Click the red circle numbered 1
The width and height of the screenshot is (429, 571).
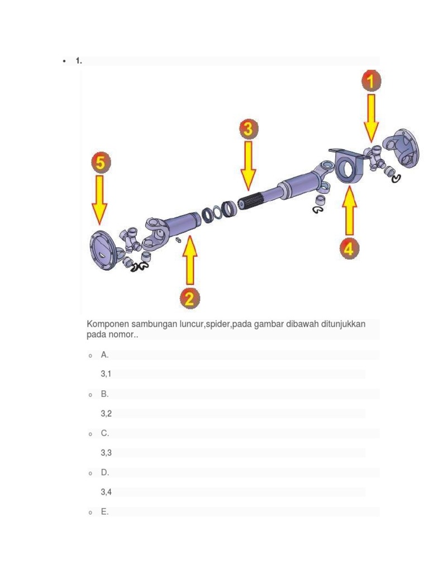coord(370,81)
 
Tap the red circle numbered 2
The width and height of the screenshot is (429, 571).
coord(190,298)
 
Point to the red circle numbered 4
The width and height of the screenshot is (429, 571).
coord(349,249)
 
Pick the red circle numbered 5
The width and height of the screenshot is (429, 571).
coord(99,163)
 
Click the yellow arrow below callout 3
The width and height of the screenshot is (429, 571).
coord(248,165)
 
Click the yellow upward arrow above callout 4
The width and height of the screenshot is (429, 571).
coord(350,211)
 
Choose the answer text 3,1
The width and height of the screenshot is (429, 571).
coord(106,374)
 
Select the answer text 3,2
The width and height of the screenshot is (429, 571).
coord(106,413)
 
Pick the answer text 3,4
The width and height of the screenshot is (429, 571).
coord(106,492)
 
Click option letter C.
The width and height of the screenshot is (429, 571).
coord(104,433)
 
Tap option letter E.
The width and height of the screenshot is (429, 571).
coord(104,511)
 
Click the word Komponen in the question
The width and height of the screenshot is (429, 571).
coord(107,324)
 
